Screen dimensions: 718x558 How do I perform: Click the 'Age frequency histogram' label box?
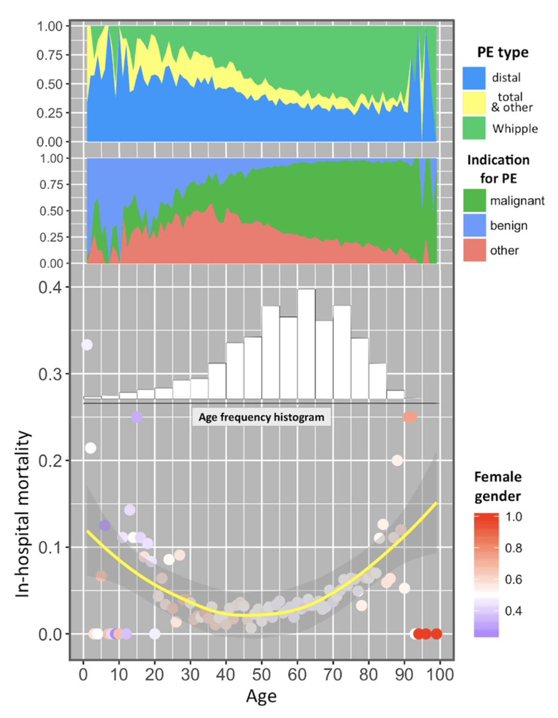pyautogui.click(x=262, y=417)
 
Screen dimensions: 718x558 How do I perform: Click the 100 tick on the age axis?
pyautogui.click(x=440, y=676)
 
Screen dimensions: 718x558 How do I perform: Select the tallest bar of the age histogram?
pyautogui.click(x=306, y=345)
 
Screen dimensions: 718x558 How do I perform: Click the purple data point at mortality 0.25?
pyautogui.click(x=136, y=417)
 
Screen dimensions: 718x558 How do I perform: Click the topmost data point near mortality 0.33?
pyautogui.click(x=87, y=345)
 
